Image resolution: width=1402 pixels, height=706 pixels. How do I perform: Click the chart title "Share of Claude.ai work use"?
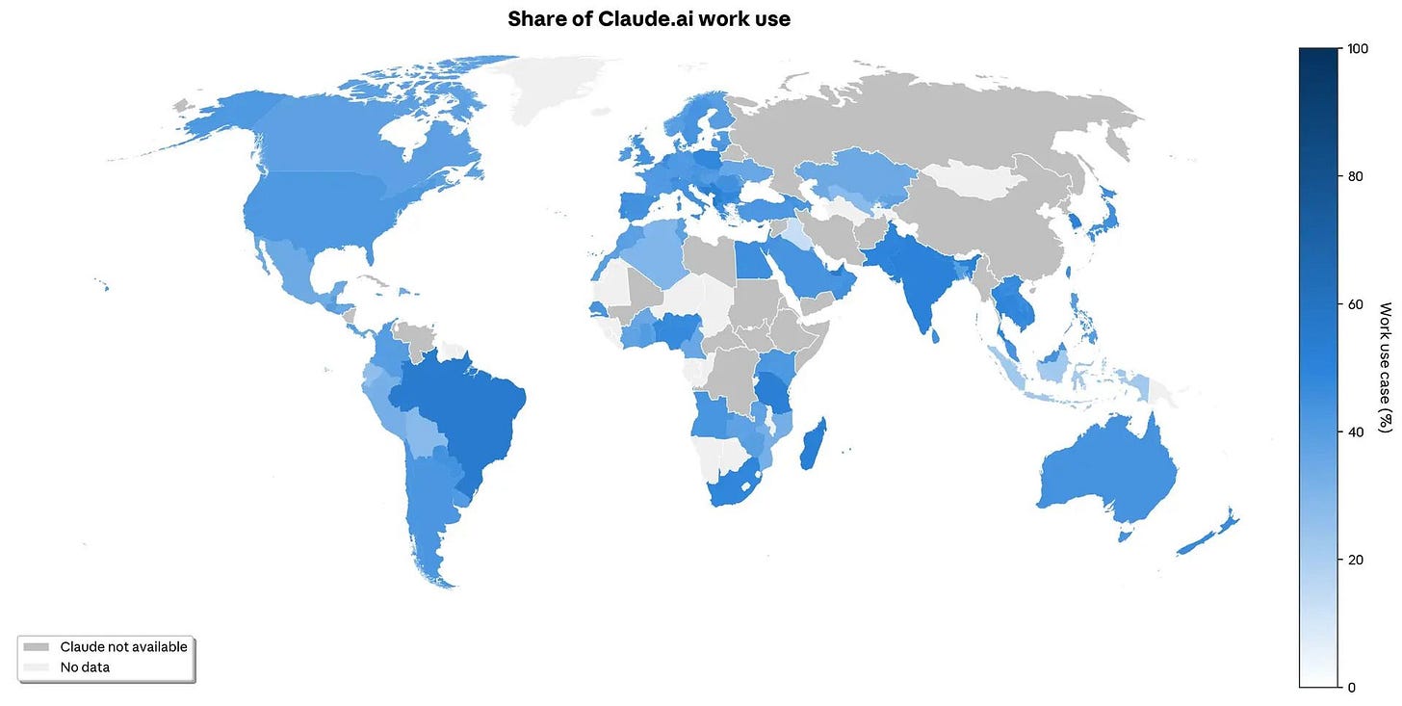tap(649, 18)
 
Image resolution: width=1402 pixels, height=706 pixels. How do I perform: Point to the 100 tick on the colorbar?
tap(1357, 48)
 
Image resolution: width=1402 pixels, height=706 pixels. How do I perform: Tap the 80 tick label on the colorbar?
tap(1357, 176)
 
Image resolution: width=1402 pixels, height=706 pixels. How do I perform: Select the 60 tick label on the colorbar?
tap(1357, 304)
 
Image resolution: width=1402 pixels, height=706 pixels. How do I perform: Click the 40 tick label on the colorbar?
tap(1357, 431)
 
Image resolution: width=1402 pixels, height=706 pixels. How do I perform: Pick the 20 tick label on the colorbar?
tap(1357, 560)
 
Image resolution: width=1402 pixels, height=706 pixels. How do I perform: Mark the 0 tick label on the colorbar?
tap(1353, 687)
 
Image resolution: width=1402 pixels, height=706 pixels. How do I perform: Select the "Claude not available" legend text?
tap(123, 647)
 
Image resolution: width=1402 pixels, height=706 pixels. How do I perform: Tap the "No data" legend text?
tap(85, 667)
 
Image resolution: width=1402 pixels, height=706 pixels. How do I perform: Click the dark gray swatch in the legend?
tap(37, 647)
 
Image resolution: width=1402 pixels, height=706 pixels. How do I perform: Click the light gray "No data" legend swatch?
tap(37, 667)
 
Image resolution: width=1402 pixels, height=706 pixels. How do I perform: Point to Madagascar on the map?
tap(811, 445)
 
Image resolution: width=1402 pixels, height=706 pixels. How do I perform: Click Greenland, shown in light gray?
tap(558, 87)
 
